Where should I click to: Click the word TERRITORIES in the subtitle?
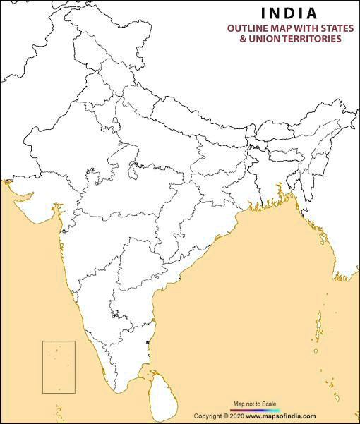(313, 39)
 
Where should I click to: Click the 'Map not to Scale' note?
(255, 404)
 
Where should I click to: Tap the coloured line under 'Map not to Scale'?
(255, 410)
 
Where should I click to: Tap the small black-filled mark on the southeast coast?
(147, 343)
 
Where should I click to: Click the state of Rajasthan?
(71, 141)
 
